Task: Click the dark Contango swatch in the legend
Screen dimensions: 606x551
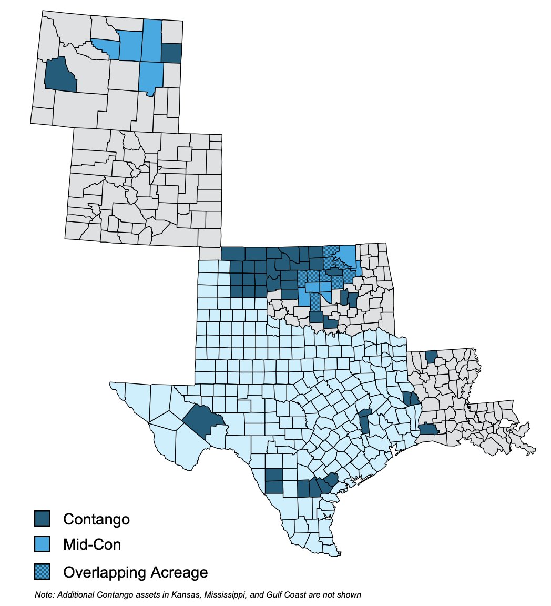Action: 42,518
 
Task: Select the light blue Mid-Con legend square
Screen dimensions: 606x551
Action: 42,544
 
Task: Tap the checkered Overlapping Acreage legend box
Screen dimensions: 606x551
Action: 42,571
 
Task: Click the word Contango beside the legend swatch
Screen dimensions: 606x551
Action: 96,519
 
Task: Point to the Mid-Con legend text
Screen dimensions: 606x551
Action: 92,544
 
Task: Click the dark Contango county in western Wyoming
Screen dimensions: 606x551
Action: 59,75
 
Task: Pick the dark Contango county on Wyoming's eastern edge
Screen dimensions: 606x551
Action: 171,53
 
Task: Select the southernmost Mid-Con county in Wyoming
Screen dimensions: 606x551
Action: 151,77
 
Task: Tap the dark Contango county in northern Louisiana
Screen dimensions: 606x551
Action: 431,357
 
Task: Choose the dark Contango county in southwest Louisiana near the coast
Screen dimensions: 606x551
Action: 428,430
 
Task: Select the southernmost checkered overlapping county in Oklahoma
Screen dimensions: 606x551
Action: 314,302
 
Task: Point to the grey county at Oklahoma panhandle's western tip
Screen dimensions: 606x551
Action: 210,254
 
